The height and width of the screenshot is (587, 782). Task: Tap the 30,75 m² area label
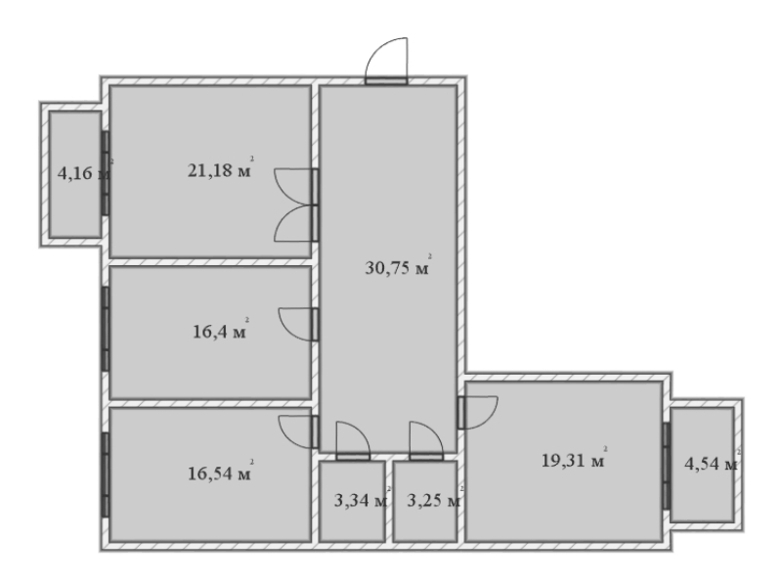click(x=398, y=266)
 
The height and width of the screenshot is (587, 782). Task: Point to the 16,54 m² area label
click(x=221, y=472)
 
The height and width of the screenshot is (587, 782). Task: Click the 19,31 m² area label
click(x=575, y=458)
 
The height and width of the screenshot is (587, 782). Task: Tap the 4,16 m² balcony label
click(x=85, y=172)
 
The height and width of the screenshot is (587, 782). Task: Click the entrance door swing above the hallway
click(x=386, y=59)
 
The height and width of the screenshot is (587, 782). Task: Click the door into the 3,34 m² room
click(x=353, y=440)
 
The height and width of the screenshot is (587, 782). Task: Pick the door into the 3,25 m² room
click(x=426, y=440)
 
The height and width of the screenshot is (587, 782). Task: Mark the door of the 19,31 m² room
click(x=478, y=412)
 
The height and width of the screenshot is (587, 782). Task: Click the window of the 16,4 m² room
click(x=106, y=329)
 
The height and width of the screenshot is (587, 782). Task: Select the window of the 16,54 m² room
click(x=106, y=474)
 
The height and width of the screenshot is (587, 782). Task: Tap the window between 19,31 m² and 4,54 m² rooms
click(x=667, y=466)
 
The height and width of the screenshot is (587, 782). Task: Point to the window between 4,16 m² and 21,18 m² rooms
click(x=106, y=173)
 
